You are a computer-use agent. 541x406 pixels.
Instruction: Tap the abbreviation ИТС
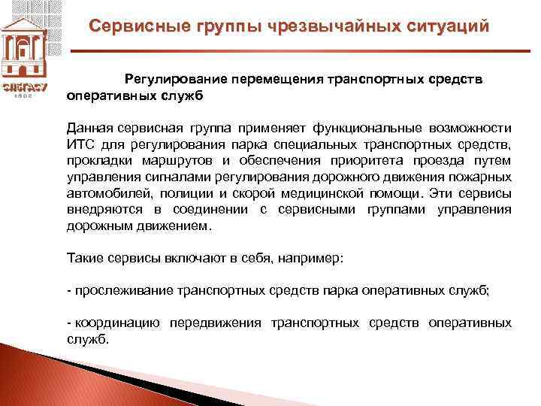coord(80,144)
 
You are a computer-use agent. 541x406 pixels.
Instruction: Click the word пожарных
coord(482,177)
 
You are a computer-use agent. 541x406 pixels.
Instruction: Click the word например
coord(310,257)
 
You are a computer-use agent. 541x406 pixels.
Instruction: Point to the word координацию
coord(116,323)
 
